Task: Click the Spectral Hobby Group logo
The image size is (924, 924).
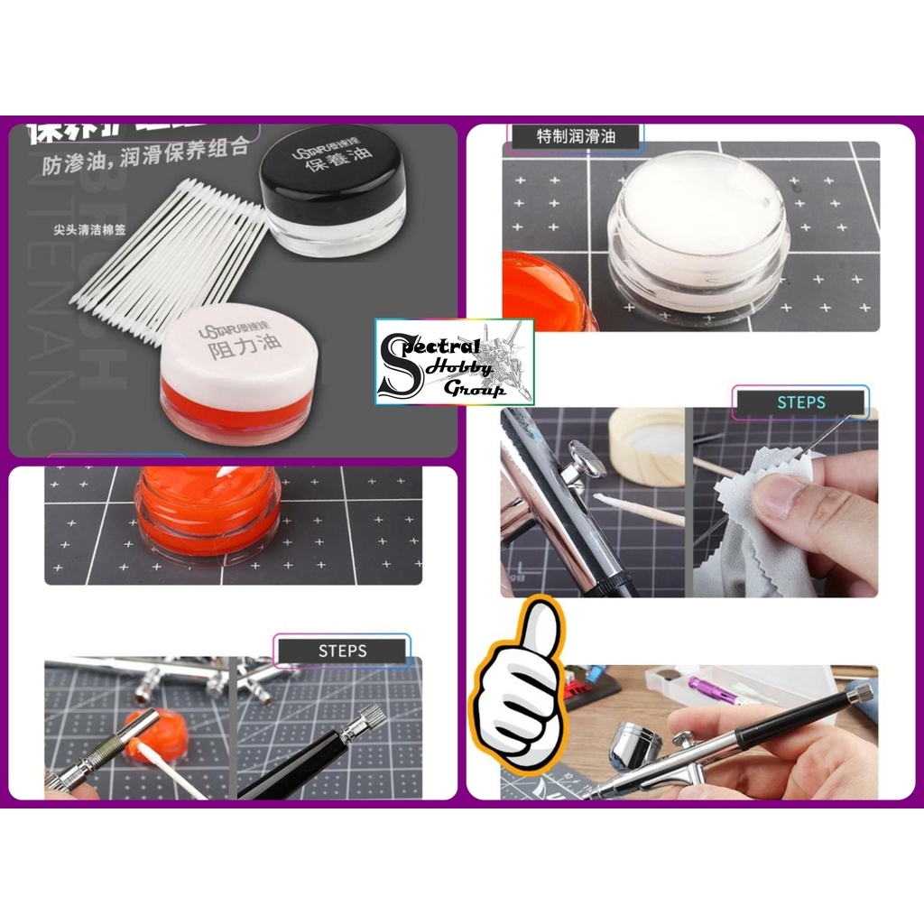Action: (x=454, y=361)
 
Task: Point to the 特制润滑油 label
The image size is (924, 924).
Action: (x=576, y=136)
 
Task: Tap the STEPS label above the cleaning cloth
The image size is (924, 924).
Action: (x=800, y=402)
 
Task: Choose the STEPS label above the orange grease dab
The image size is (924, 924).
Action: (x=342, y=650)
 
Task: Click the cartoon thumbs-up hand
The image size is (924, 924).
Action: (x=516, y=688)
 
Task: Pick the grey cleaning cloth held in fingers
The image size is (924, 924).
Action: (x=758, y=532)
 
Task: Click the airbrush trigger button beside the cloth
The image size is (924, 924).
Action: (x=587, y=457)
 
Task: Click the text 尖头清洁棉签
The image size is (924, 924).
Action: (x=89, y=229)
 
